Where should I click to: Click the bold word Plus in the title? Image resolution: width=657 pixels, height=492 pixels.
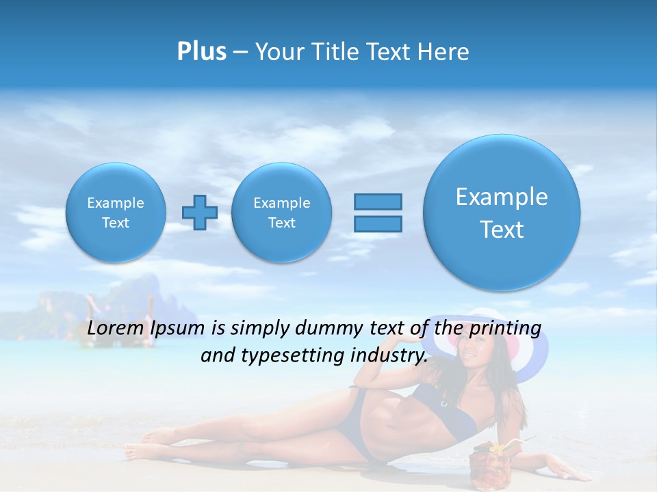(x=201, y=52)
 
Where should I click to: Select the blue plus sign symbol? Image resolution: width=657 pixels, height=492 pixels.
(x=199, y=213)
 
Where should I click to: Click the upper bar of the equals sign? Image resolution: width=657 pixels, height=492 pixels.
(x=378, y=202)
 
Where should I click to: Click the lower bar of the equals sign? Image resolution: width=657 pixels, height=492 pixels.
(x=378, y=224)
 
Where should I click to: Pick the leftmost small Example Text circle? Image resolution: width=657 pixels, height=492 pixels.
(x=116, y=213)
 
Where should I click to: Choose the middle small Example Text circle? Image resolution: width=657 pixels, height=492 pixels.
(x=282, y=213)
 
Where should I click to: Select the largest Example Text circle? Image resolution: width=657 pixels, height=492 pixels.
(x=502, y=213)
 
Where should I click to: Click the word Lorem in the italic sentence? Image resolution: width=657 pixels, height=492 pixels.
(x=115, y=328)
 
